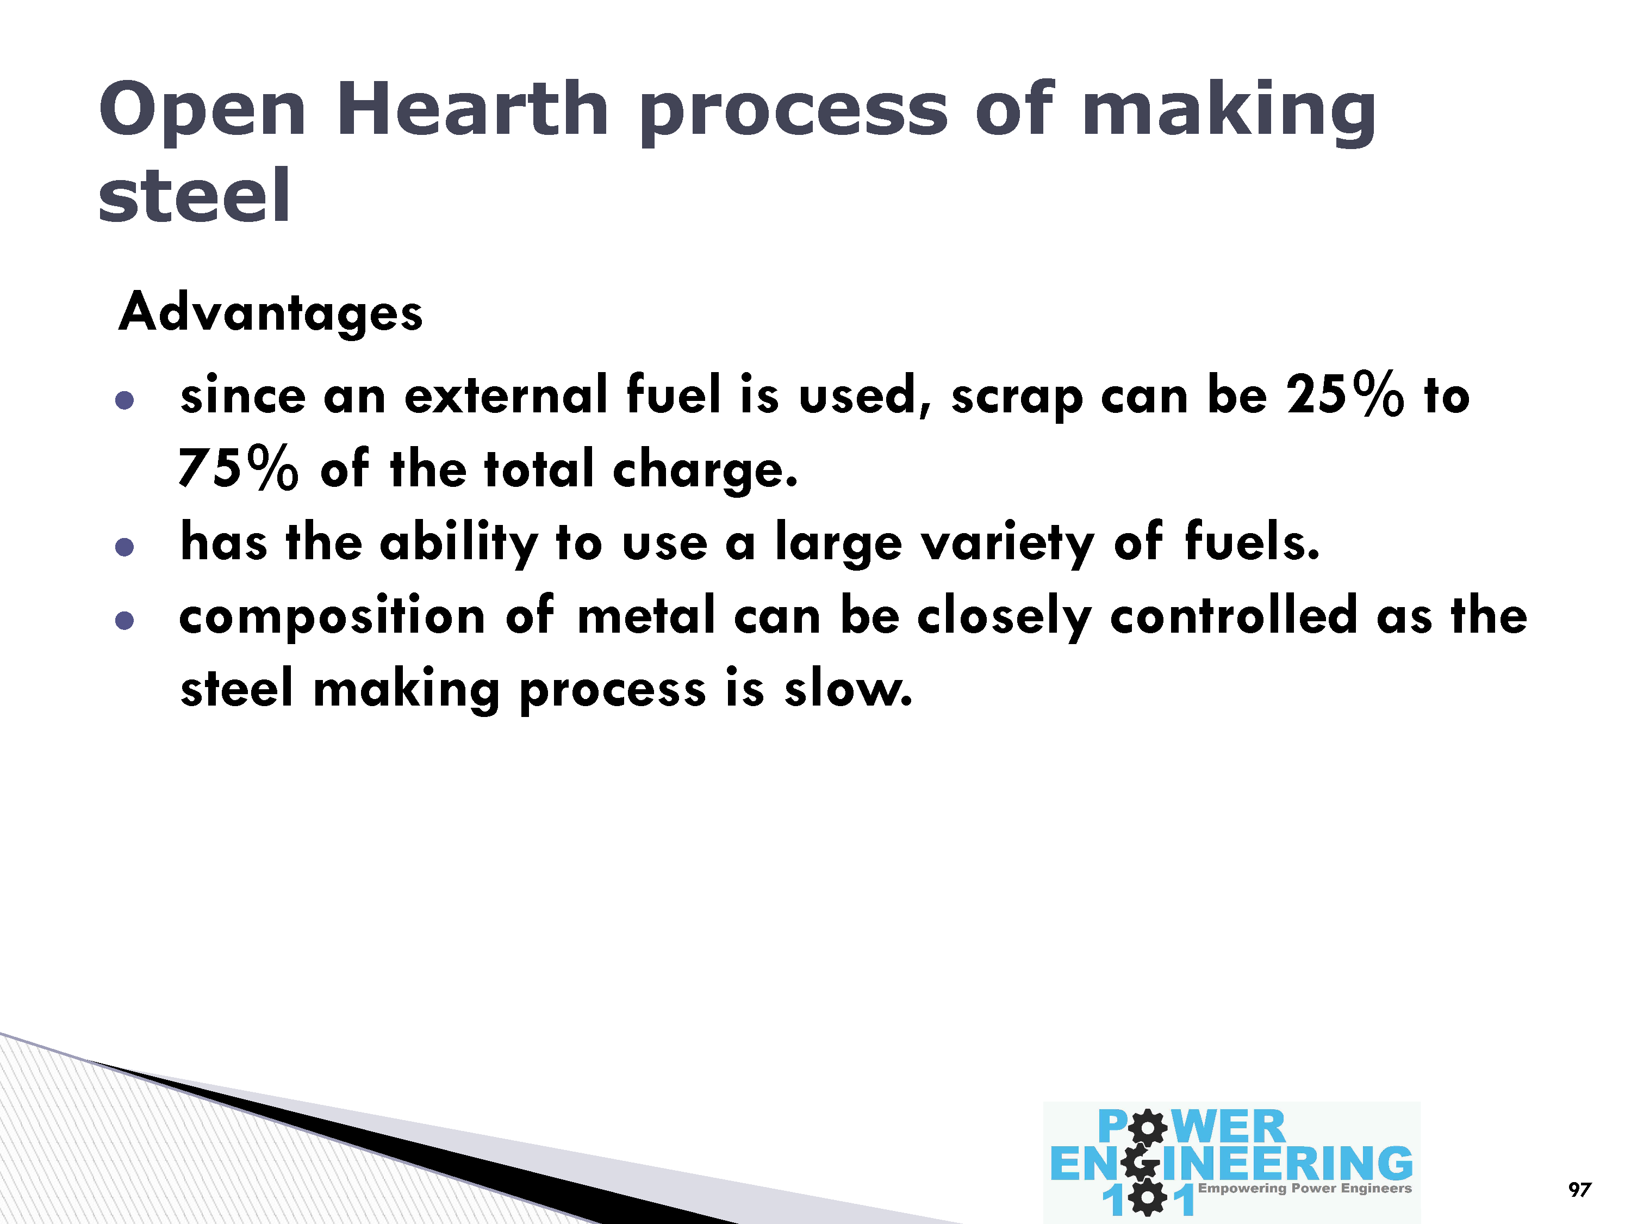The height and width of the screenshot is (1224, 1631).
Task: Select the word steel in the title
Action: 195,195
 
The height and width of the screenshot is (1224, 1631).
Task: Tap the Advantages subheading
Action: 271,312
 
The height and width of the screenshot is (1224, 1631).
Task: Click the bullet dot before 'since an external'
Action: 124,400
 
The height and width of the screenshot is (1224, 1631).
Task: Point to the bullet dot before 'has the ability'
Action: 124,547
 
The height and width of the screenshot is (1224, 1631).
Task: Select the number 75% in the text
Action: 238,468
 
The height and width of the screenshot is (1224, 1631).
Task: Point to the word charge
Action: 705,471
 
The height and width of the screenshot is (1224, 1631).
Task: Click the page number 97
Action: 1579,1189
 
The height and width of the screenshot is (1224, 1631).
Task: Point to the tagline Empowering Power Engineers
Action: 1304,1188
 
